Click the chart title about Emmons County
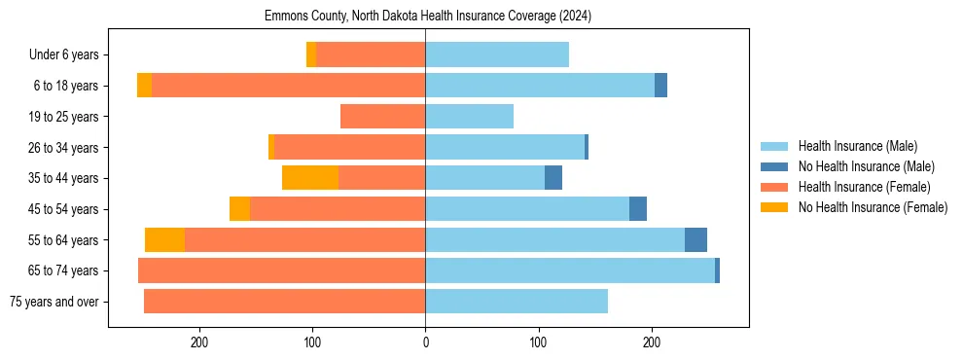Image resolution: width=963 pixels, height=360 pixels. (428, 17)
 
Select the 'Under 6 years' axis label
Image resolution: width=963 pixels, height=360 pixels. (68, 55)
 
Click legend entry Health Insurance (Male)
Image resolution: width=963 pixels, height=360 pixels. (857, 146)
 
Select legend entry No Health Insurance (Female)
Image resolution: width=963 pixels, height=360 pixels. (873, 207)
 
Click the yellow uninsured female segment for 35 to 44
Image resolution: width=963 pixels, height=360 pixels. (310, 178)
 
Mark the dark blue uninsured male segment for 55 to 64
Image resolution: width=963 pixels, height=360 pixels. (695, 239)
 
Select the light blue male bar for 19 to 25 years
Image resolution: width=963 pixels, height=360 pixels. (469, 117)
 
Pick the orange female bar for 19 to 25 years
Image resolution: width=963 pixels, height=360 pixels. (382, 117)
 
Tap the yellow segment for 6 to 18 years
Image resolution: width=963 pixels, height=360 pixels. (144, 86)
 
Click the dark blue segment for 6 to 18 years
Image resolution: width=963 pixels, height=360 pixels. (660, 86)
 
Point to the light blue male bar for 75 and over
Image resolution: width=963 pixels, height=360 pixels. (517, 302)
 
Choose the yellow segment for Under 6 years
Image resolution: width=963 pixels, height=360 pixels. (311, 55)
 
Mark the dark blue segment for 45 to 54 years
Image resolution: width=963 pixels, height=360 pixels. (638, 209)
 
